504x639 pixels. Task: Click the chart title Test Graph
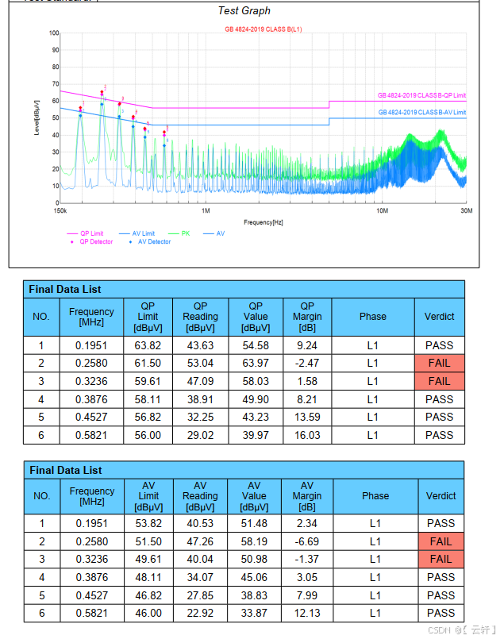click(x=244, y=11)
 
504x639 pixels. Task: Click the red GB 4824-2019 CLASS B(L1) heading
click(x=263, y=29)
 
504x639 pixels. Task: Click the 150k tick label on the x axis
click(x=59, y=211)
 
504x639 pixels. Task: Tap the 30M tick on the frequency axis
click(x=466, y=211)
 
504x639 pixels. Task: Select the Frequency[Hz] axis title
click(x=263, y=222)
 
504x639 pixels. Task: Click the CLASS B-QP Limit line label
click(x=421, y=96)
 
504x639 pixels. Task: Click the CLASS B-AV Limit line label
click(x=421, y=113)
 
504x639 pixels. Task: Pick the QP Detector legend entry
click(x=96, y=241)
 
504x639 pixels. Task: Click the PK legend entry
click(x=185, y=233)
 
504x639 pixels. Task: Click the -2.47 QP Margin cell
click(x=307, y=363)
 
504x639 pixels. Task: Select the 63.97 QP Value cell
click(x=256, y=363)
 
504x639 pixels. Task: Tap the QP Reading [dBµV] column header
click(x=200, y=317)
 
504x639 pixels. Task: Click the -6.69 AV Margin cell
click(x=308, y=541)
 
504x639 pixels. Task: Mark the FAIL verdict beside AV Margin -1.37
click(x=441, y=560)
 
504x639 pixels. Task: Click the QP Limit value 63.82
click(x=148, y=345)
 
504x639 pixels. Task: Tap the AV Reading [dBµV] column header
click(x=200, y=496)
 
